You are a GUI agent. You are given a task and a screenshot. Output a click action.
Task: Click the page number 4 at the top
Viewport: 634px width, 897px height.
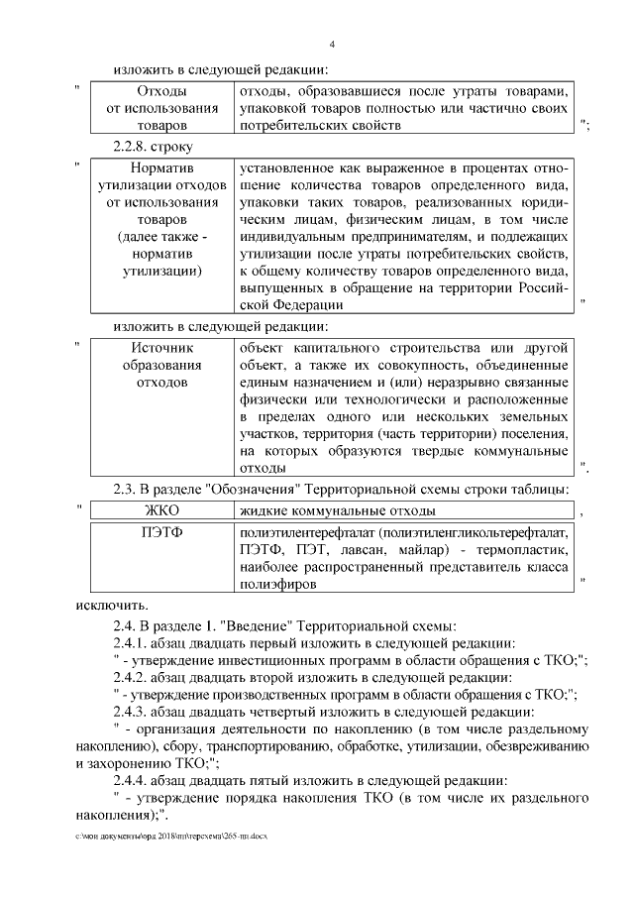[332, 46]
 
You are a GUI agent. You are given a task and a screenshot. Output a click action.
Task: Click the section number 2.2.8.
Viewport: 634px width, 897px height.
[138, 146]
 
